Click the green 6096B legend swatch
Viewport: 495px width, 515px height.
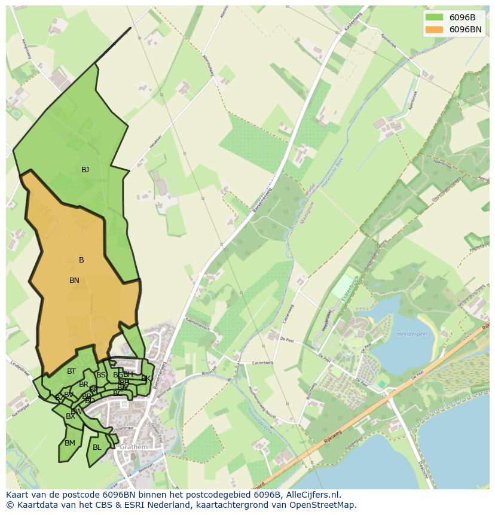coord(434,17)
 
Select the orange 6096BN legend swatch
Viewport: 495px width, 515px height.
coord(434,29)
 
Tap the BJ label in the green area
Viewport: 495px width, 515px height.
coord(85,170)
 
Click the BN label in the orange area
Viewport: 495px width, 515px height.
coord(74,280)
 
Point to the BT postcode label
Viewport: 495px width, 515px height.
coord(71,371)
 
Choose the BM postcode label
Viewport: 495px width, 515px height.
coord(70,443)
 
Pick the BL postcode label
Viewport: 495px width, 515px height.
coord(97,447)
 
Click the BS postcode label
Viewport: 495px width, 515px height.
coord(100,375)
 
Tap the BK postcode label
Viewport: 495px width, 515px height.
coord(145,378)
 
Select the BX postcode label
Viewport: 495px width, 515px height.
coord(71,416)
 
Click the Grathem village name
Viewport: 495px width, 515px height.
coord(133,447)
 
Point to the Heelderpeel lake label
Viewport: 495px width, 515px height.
coord(411,334)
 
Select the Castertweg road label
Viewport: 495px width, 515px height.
coord(261,362)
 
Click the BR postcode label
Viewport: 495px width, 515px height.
coord(84,385)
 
